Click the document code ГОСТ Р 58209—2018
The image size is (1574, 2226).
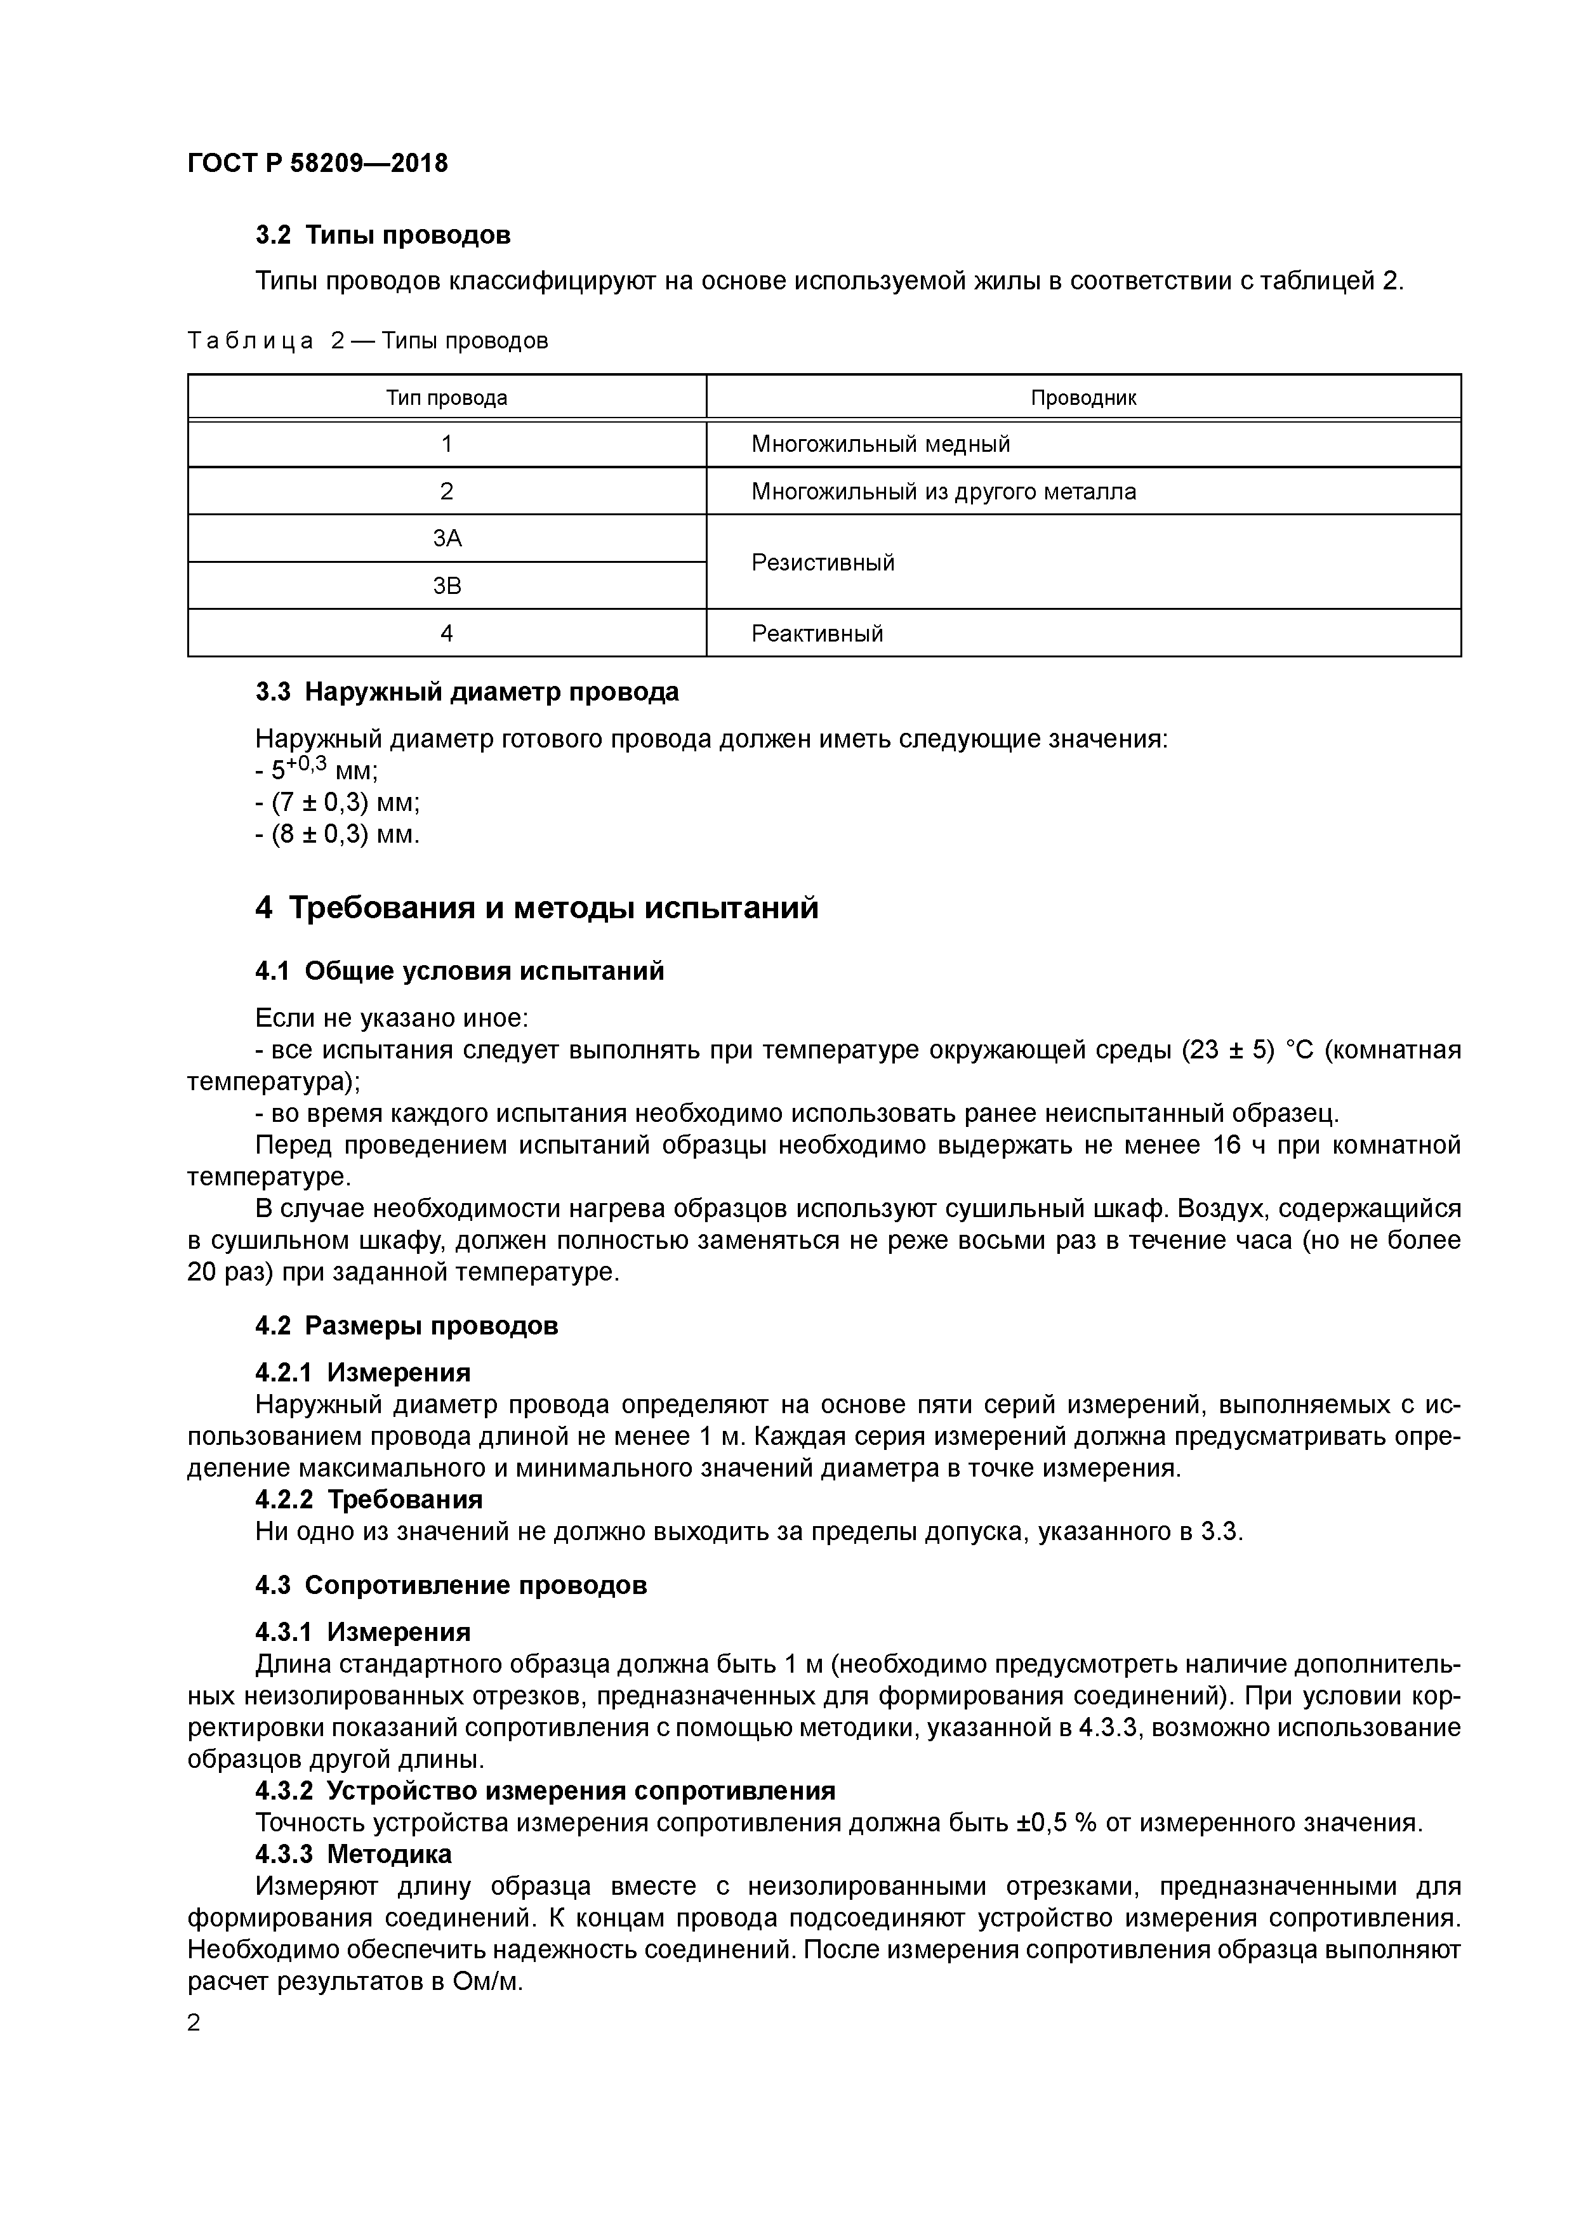[x=317, y=163]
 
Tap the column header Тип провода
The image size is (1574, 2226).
[x=446, y=397]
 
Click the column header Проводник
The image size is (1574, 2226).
[x=1083, y=397]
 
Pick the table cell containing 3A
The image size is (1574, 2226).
[x=446, y=538]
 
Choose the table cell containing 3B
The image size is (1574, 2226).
[x=446, y=586]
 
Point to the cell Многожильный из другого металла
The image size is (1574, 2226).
[x=942, y=492]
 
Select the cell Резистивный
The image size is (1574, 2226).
[x=823, y=562]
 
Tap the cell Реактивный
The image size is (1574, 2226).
[x=817, y=633]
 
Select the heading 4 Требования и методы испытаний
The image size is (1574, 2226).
[x=536, y=909]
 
